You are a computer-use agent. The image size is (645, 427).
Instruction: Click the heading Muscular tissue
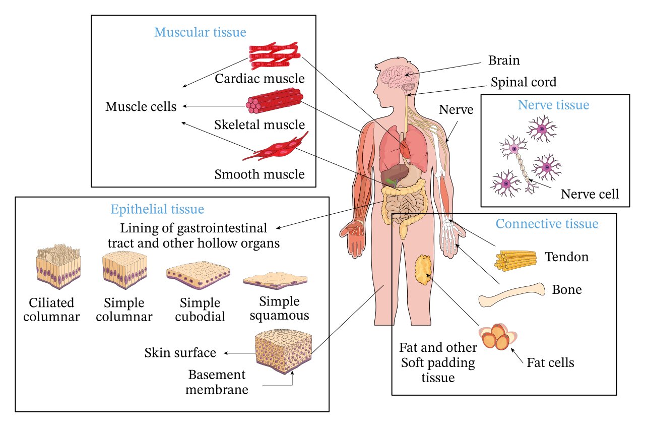tap(200, 33)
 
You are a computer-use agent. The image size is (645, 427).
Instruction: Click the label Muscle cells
tap(141, 107)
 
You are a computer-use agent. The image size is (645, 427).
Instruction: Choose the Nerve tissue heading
tap(553, 105)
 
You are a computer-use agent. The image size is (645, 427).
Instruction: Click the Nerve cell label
tap(590, 194)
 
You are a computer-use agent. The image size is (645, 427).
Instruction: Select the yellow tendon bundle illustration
tap(514, 259)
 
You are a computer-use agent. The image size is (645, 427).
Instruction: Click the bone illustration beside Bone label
tap(511, 295)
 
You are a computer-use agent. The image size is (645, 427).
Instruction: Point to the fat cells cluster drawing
tap(498, 337)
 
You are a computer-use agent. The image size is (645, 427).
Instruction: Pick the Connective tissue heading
tap(547, 224)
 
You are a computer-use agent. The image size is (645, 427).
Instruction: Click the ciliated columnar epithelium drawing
tap(58, 267)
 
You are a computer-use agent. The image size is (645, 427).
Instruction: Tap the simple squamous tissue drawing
tap(275, 279)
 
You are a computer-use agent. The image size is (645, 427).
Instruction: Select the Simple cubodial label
tap(200, 310)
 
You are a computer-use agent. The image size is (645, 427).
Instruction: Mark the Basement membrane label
tap(218, 382)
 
